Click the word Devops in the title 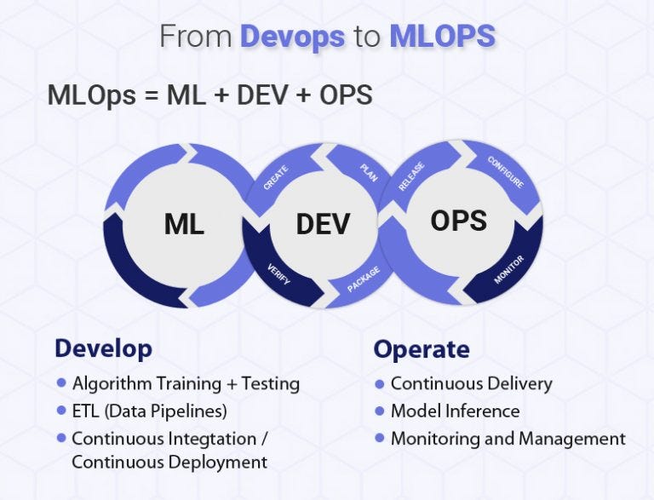pos(293,37)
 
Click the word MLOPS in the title pos(442,37)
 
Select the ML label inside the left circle pos(184,224)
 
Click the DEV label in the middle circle pos(323,224)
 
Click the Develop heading pos(103,348)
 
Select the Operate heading pos(421,349)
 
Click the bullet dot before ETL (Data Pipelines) pos(61,411)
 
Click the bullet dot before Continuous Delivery pos(380,384)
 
